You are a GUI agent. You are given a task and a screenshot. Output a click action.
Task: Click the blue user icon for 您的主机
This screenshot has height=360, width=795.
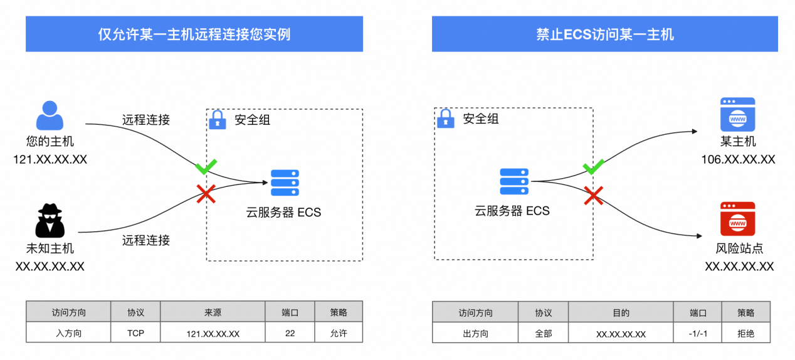[50, 116]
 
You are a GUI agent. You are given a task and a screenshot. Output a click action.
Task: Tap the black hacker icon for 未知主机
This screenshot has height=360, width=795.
[50, 220]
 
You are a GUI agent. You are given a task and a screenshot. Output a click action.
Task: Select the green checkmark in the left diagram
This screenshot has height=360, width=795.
[206, 167]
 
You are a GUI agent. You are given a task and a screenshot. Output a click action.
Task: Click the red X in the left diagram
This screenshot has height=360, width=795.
[206, 194]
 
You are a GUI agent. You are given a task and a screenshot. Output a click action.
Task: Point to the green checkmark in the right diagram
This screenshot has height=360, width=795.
[593, 167]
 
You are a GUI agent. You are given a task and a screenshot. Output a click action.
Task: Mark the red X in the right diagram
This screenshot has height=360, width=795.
[593, 196]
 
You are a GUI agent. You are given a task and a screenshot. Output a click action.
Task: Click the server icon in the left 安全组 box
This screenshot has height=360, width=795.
[285, 183]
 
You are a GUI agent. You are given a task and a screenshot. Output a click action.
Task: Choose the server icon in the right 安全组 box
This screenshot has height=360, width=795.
[513, 182]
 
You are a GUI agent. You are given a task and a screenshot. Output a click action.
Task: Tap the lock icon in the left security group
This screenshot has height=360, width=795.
[217, 119]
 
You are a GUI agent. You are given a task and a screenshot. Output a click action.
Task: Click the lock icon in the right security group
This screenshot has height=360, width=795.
[445, 119]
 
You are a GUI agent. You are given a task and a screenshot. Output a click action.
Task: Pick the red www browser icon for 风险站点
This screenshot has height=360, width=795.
[737, 218]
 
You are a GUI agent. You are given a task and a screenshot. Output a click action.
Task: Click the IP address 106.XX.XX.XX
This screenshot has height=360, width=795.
[738, 159]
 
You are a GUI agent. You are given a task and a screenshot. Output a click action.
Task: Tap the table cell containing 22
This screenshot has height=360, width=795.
[290, 333]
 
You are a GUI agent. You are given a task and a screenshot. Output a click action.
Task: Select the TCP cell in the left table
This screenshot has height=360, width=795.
[135, 333]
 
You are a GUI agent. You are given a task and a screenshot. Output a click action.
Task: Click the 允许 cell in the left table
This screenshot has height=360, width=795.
[339, 333]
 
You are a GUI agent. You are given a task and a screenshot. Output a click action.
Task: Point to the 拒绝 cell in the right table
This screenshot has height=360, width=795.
[745, 334]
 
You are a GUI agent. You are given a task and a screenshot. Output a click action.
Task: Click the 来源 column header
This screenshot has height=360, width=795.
[213, 312]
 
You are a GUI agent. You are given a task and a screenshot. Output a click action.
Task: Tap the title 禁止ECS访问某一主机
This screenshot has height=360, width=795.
[604, 34]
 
